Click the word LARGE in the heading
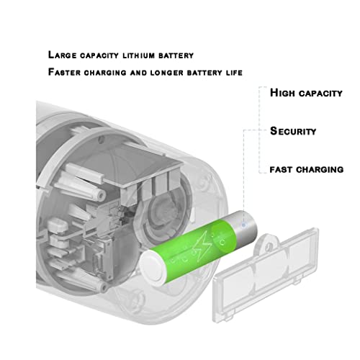click(62, 55)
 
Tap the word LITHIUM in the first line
click(139, 55)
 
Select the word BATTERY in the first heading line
click(176, 55)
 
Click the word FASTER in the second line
click(64, 72)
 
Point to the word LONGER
click(166, 73)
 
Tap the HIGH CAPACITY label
click(306, 93)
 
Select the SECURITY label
click(293, 131)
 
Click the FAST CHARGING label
click(307, 170)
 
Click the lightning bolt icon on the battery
click(204, 246)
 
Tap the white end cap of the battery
click(153, 266)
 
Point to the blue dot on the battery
click(243, 225)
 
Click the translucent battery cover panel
click(265, 276)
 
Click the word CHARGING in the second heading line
click(105, 73)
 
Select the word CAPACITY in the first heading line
click(99, 55)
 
